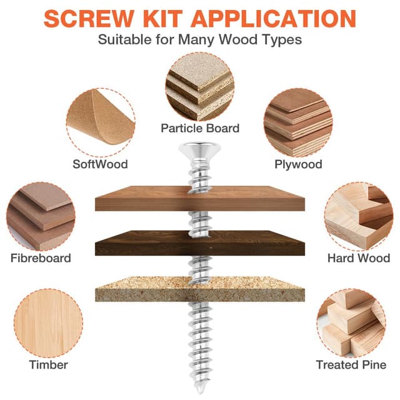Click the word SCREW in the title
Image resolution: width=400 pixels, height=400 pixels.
pos(89,18)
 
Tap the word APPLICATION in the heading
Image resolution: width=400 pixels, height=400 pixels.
pos(273,18)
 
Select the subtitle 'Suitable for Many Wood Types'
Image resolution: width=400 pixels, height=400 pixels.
pos(200,39)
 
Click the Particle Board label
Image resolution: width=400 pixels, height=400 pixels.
pos(200,128)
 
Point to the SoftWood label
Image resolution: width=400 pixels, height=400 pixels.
pos(100,164)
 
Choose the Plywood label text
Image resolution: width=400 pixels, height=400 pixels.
pos(298,164)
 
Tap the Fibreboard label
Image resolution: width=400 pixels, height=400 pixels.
pos(41,258)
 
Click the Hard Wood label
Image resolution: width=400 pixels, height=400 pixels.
pos(359,258)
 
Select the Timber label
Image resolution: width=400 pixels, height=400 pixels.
pos(49,364)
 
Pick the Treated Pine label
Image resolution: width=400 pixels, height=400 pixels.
pos(351,364)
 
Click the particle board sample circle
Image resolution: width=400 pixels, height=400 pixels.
pos(200,87)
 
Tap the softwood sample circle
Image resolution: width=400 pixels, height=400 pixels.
pos(101,122)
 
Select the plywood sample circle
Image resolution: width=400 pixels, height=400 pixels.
pos(298,122)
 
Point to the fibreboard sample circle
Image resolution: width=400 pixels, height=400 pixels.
pos(41,216)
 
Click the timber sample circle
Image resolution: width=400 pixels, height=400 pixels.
pos(49,323)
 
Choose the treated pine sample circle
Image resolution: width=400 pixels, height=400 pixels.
pos(351,323)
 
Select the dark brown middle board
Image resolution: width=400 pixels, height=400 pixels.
pos(200,243)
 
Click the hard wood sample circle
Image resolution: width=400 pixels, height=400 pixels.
pos(359,216)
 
